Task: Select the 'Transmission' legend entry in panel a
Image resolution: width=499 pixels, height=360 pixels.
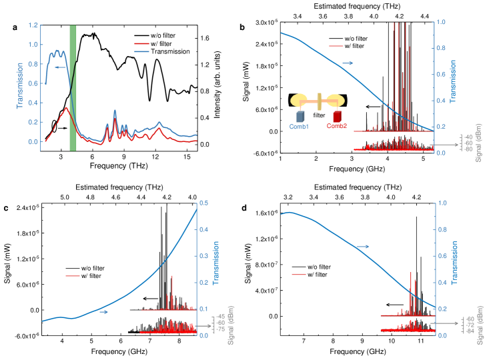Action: click(x=171, y=51)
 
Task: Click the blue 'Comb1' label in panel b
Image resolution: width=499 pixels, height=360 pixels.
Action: click(x=299, y=126)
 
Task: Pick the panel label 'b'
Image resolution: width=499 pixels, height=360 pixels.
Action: click(x=250, y=27)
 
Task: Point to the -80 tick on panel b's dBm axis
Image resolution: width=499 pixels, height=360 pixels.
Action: click(x=470, y=149)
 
